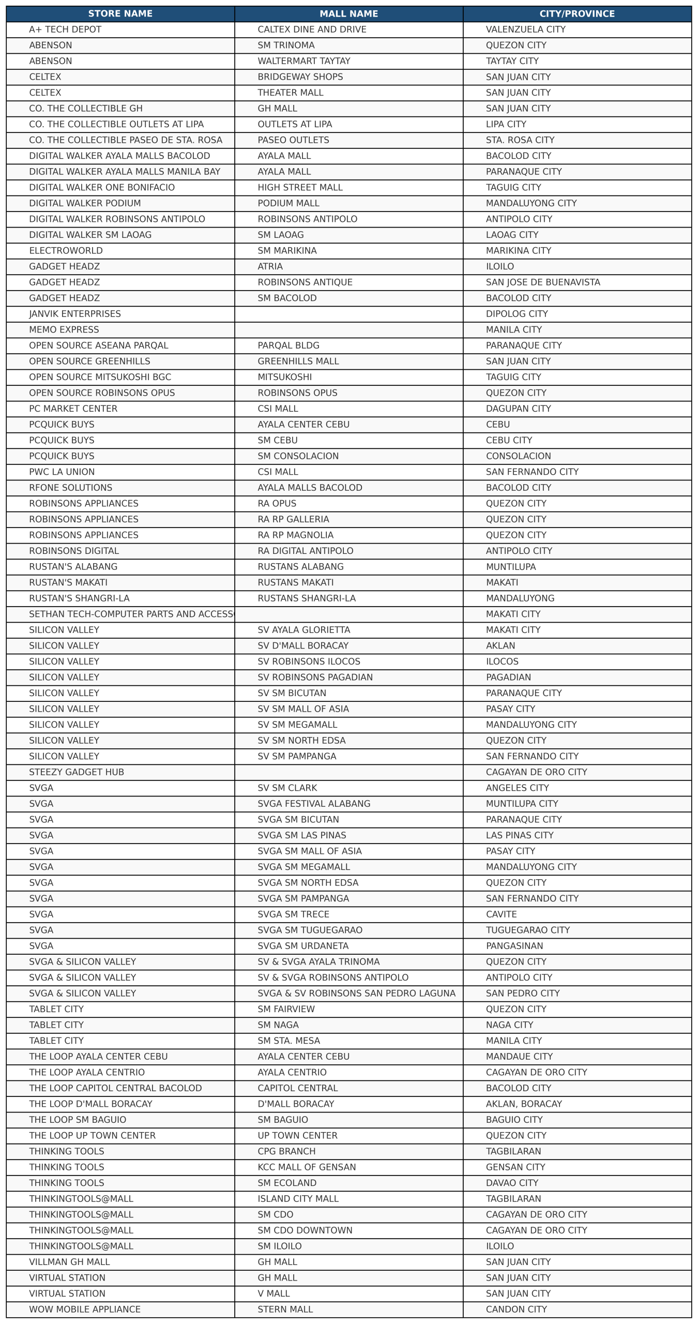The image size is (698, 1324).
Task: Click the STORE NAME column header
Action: (120, 14)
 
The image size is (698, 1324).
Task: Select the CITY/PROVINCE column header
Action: (577, 14)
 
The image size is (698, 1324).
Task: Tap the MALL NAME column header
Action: (348, 14)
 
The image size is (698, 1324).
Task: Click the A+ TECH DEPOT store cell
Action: (65, 29)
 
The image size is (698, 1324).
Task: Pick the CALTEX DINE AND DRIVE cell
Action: (312, 29)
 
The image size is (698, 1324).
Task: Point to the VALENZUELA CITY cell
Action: (525, 29)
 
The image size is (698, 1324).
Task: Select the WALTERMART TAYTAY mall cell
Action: (304, 61)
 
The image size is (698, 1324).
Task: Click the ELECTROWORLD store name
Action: (66, 251)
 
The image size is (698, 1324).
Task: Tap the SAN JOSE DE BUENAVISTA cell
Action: (543, 282)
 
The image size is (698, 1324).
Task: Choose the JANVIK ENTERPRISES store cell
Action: (75, 314)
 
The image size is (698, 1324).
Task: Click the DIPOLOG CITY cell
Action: (517, 314)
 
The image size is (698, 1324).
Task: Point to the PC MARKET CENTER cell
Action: (73, 409)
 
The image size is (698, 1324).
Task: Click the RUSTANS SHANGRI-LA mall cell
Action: (307, 598)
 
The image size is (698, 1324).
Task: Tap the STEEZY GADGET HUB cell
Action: (77, 772)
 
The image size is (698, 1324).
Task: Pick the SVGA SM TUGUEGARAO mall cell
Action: (310, 930)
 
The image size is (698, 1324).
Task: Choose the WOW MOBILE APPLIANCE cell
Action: (85, 1310)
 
